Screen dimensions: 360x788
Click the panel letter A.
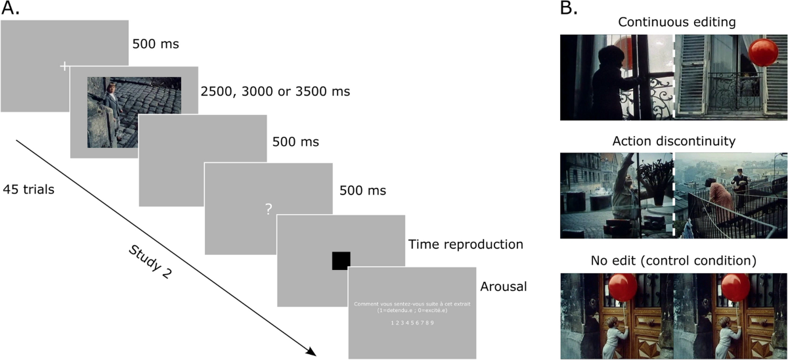11,9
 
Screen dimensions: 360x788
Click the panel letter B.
568,9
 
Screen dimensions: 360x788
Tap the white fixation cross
64,66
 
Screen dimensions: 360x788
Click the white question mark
268,210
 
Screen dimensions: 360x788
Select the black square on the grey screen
341,261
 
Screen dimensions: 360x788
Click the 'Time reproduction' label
466,244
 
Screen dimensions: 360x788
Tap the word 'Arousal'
504,287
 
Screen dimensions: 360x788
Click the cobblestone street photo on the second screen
135,112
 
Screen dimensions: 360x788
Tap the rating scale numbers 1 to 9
412,323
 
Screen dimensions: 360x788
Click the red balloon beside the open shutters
763,52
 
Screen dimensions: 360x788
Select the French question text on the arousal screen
412,307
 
